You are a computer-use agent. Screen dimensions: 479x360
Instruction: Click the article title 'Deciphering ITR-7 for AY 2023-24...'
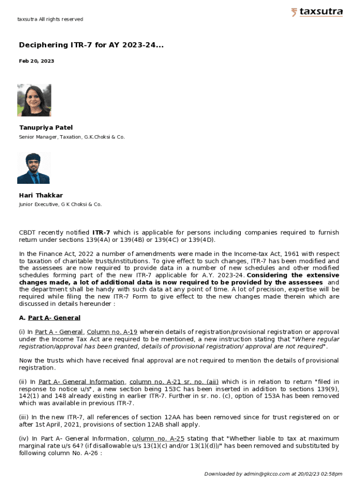click(91, 45)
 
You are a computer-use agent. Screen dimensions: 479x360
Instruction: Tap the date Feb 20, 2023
click(36, 61)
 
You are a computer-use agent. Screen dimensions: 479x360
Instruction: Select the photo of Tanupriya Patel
click(34, 100)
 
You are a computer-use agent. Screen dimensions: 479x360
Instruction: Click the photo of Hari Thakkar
click(34, 167)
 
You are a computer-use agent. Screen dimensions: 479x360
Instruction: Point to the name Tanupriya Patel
click(46, 127)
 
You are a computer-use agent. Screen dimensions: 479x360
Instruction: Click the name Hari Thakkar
click(41, 195)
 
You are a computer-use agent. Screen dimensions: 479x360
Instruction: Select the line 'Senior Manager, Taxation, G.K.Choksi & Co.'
click(72, 137)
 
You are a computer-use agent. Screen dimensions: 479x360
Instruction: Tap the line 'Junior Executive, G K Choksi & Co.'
click(60, 204)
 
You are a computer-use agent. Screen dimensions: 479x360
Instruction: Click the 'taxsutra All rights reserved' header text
click(50, 19)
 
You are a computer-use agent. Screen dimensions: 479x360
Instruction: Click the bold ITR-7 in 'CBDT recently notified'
click(101, 232)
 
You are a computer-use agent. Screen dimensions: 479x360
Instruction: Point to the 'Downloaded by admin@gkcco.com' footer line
click(273, 474)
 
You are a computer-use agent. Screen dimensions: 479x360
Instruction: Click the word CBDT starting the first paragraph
click(28, 232)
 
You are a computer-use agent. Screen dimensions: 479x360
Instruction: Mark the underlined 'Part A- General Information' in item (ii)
click(81, 382)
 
